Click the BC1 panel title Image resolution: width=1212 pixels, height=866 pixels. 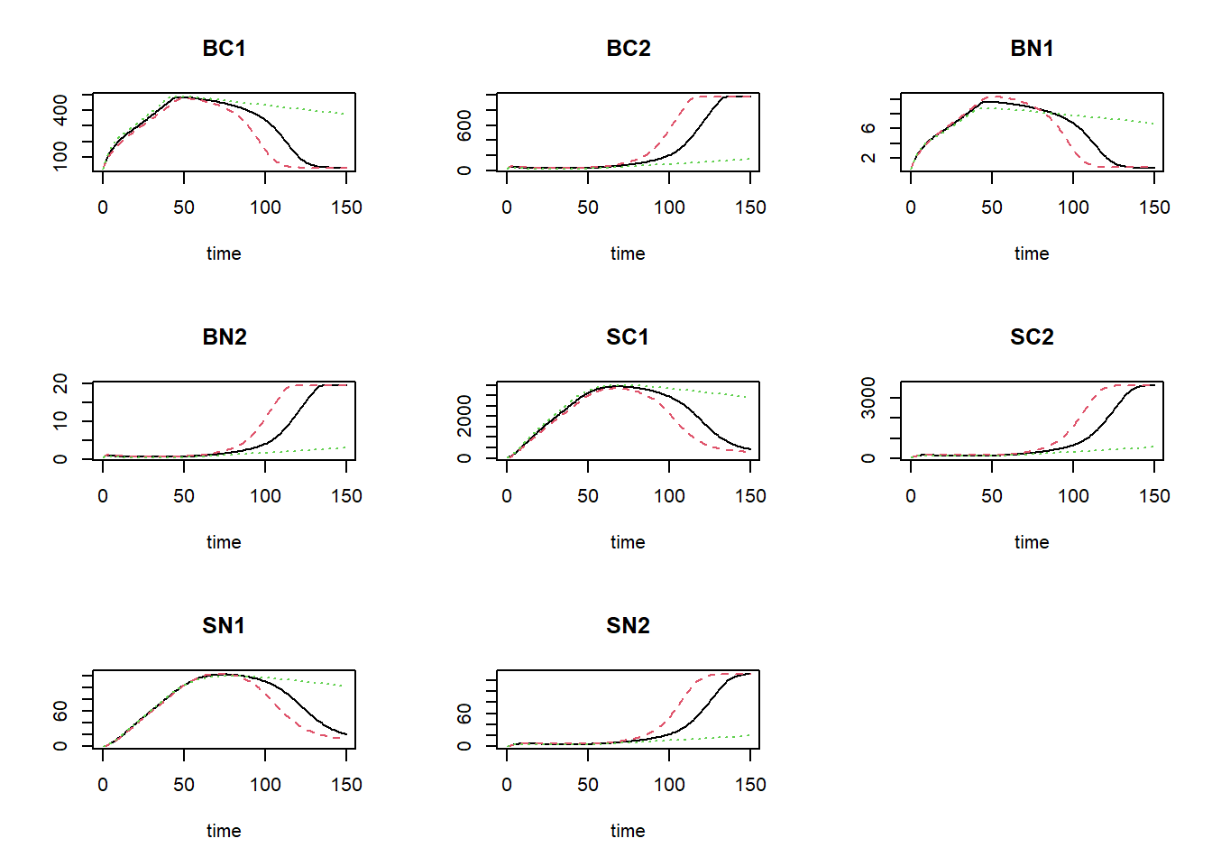[224, 49]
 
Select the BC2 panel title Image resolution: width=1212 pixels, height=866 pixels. [628, 49]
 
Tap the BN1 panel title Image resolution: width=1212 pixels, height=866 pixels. [1032, 49]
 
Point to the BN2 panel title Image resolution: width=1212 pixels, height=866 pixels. [224, 337]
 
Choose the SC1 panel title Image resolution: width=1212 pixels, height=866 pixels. [628, 337]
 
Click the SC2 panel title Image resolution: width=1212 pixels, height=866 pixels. [1032, 337]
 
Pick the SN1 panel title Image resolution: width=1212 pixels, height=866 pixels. [224, 626]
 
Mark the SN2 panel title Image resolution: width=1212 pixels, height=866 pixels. [628, 626]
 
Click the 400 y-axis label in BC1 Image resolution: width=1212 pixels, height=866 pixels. [60, 109]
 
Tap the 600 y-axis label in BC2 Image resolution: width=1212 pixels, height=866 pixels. [464, 125]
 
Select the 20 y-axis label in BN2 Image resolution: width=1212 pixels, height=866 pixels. [60, 383]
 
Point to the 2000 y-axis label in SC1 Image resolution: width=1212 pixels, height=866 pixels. [464, 415]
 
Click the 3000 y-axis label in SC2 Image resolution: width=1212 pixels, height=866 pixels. [868, 398]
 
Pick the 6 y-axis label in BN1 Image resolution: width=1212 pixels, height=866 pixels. [868, 128]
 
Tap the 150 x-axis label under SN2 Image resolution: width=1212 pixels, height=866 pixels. [750, 785]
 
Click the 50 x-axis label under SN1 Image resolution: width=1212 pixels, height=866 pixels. [184, 785]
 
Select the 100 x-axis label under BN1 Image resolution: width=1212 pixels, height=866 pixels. [1073, 207]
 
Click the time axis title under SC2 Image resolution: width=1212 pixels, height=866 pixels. [1032, 542]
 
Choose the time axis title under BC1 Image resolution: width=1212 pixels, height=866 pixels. [224, 253]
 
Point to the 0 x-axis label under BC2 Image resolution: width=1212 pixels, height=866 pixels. [507, 207]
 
